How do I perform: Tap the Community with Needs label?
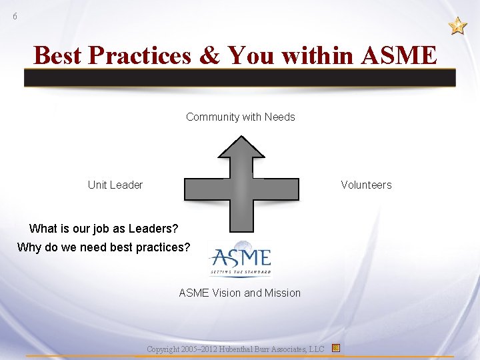click(x=240, y=117)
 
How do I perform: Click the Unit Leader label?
click(x=115, y=185)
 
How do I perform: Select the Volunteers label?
click(x=366, y=185)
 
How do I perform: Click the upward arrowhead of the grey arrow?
click(x=241, y=150)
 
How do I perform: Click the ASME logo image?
click(x=240, y=259)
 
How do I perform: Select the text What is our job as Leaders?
click(x=104, y=229)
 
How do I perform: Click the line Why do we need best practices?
click(x=103, y=248)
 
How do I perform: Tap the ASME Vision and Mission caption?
click(x=240, y=293)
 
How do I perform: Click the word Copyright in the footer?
click(x=163, y=349)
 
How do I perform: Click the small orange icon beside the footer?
click(x=336, y=348)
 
